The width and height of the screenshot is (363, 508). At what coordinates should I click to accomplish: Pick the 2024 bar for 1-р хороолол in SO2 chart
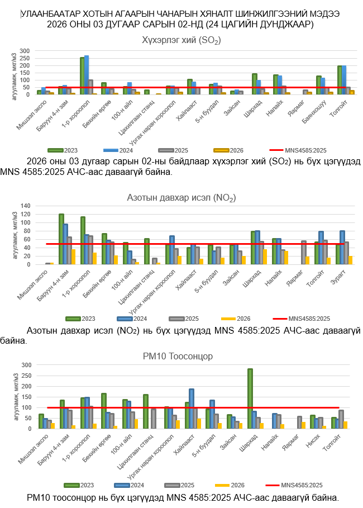(87, 75)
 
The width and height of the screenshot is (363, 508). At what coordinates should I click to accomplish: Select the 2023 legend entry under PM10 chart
(77, 485)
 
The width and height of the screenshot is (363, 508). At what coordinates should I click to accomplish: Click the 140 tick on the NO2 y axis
(25, 206)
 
